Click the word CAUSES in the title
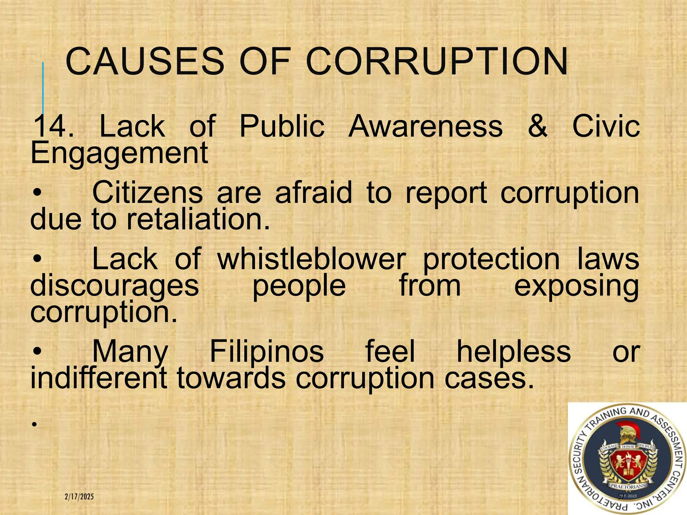tap(145, 61)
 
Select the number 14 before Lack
tap(49, 126)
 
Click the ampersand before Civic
tap(537, 126)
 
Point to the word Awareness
tap(425, 126)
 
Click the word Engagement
tap(119, 153)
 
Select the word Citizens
tap(148, 193)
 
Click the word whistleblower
tap(312, 259)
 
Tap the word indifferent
tap(99, 378)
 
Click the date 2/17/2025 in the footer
tap(79, 497)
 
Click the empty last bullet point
tap(34, 424)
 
